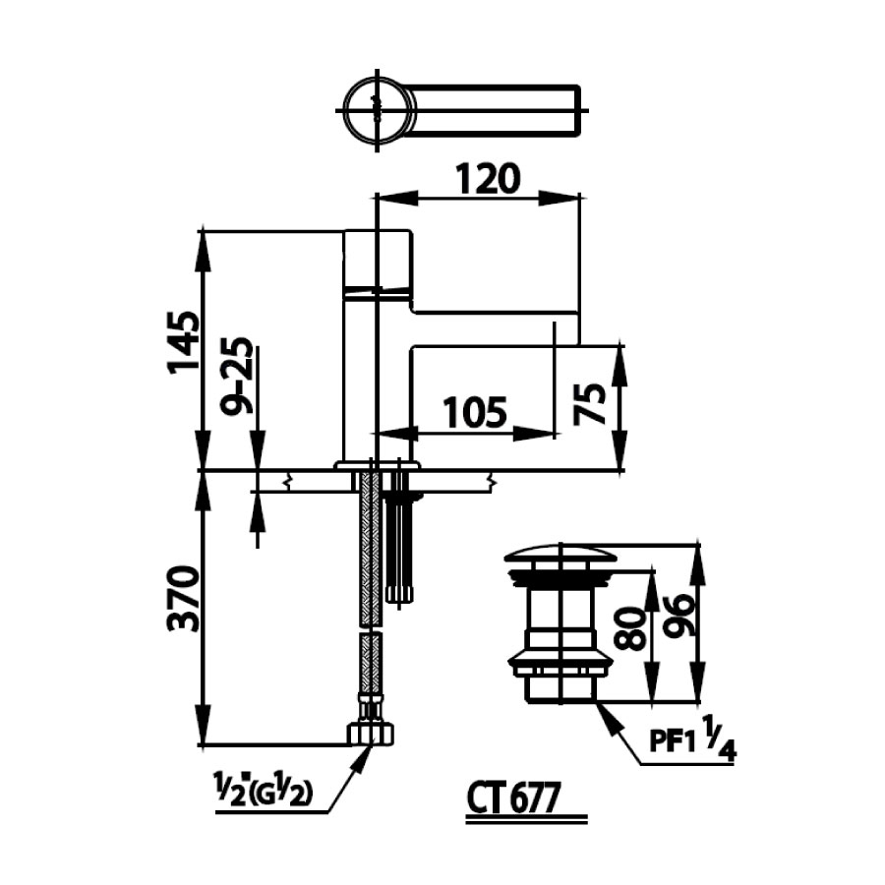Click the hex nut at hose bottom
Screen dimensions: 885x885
click(x=371, y=733)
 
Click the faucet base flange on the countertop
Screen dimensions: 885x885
click(x=377, y=465)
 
